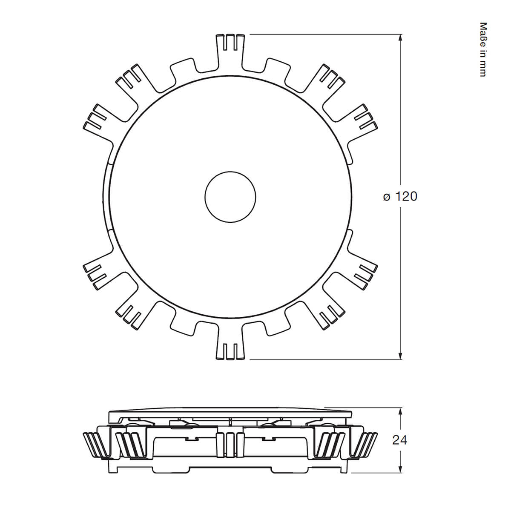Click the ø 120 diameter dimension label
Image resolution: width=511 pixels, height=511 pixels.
400,196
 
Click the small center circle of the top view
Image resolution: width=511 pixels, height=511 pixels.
230,197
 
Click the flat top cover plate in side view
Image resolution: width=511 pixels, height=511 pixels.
230,414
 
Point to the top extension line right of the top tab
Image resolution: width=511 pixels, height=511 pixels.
324,34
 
